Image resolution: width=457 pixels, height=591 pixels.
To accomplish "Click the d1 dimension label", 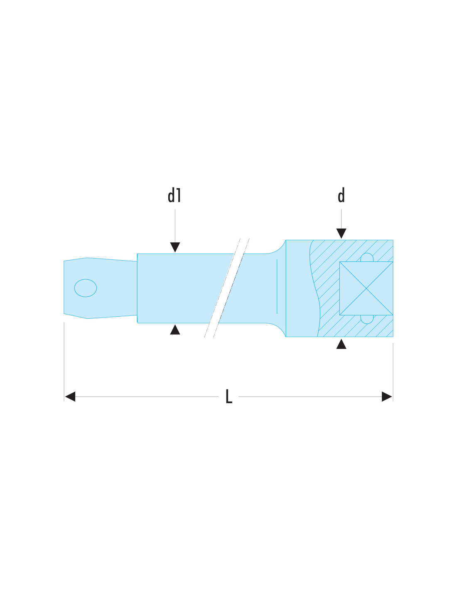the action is [x=174, y=195].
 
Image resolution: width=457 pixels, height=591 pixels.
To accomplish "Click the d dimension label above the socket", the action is [x=341, y=195].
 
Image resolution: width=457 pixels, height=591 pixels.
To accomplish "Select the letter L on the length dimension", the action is [x=228, y=396].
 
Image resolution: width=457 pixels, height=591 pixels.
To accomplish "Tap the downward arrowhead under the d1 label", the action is [x=175, y=247].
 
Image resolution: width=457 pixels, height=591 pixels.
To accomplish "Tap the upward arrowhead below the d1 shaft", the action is [x=175, y=329].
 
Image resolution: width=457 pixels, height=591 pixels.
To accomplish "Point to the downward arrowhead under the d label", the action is [x=341, y=233].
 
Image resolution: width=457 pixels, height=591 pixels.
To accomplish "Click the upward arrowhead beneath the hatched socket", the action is [x=341, y=344].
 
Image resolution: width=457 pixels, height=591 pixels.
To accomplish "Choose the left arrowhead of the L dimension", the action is [x=70, y=396].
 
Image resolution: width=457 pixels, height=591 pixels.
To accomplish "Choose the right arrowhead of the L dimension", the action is [x=386, y=396].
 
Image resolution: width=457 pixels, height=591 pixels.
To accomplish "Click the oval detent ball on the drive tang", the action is [x=85, y=288].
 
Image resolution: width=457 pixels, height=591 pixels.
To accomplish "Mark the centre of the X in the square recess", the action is [x=366, y=288].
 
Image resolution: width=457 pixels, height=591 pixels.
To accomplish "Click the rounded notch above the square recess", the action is [x=366, y=257].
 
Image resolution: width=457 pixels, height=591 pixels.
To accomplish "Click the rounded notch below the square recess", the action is [x=366, y=319].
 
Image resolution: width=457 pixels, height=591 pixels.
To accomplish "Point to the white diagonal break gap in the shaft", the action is [x=226, y=288].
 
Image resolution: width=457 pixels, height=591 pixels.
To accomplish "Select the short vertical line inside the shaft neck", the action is [x=276, y=286].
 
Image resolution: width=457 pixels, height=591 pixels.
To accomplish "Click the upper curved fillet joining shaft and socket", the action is [x=277, y=249].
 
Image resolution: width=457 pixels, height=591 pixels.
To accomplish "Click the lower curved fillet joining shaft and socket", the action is [x=277, y=328].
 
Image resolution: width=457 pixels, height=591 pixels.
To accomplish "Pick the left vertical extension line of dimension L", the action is [x=64, y=362].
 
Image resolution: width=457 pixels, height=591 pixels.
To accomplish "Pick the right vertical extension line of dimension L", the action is [x=393, y=372].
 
